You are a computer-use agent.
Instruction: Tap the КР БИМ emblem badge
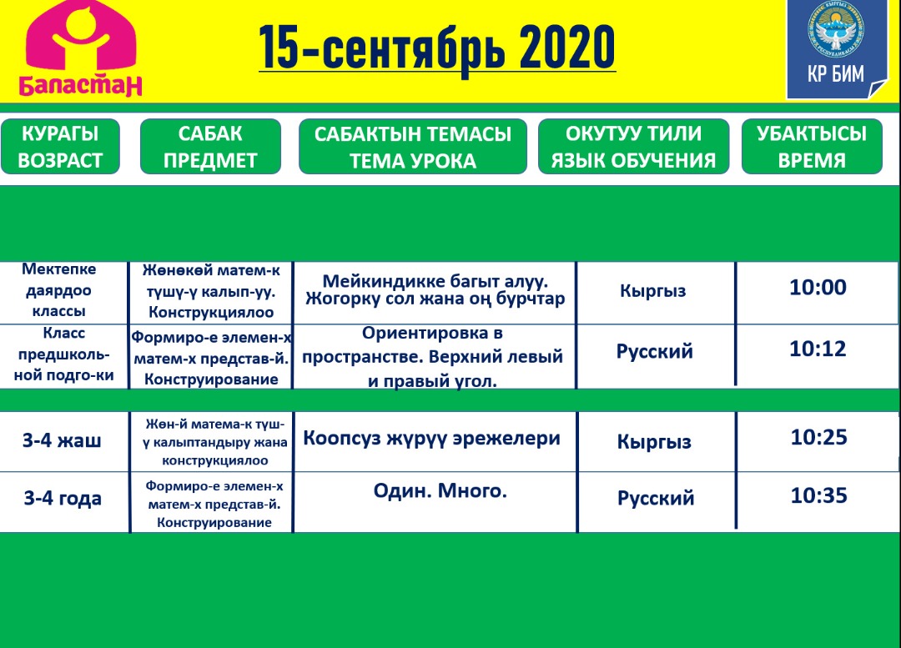836,49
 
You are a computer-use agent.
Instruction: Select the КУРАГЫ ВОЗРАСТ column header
60,147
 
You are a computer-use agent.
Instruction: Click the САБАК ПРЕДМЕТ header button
210,147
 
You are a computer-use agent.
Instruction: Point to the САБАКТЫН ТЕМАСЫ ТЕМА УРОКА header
413,147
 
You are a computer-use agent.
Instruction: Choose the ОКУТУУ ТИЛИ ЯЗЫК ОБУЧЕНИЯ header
633,147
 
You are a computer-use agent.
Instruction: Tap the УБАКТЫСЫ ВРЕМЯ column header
812,147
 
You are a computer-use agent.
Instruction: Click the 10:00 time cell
818,287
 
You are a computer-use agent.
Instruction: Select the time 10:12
818,349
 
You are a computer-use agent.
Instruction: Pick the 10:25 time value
819,437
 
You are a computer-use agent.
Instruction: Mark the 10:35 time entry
819,495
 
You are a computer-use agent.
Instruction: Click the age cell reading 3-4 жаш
62,440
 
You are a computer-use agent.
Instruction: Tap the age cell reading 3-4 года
63,499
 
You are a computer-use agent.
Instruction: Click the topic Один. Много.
440,490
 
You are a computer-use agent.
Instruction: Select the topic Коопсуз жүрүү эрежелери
431,439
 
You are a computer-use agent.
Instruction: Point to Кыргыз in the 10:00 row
652,291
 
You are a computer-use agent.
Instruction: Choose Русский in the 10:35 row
656,498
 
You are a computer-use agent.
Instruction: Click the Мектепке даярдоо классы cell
59,290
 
